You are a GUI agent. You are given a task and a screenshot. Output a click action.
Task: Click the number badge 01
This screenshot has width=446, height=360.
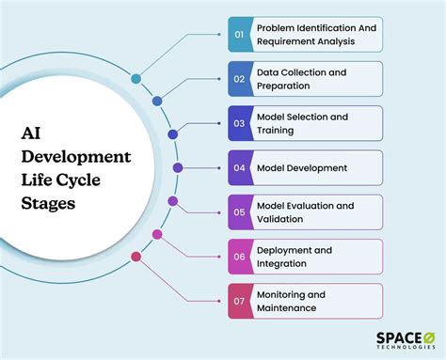click(239, 35)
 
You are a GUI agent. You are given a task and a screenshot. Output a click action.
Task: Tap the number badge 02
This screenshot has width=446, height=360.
click(239, 79)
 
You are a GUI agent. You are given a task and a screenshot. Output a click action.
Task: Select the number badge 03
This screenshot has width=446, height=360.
click(239, 123)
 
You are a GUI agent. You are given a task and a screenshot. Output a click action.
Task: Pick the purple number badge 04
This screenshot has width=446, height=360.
click(239, 167)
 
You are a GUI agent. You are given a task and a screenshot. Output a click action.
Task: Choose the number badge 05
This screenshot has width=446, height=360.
click(239, 211)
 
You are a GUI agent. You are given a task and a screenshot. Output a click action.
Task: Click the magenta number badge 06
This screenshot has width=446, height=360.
click(239, 256)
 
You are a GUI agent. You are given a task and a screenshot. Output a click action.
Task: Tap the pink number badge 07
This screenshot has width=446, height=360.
click(239, 300)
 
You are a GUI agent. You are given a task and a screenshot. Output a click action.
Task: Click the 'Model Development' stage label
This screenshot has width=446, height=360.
click(301, 167)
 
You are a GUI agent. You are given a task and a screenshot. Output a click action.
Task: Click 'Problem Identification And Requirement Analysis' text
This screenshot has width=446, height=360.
click(318, 35)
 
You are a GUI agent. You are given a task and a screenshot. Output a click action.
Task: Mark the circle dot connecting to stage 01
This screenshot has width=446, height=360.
click(136, 79)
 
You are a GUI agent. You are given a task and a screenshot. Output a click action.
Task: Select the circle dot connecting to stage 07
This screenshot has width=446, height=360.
click(136, 255)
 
